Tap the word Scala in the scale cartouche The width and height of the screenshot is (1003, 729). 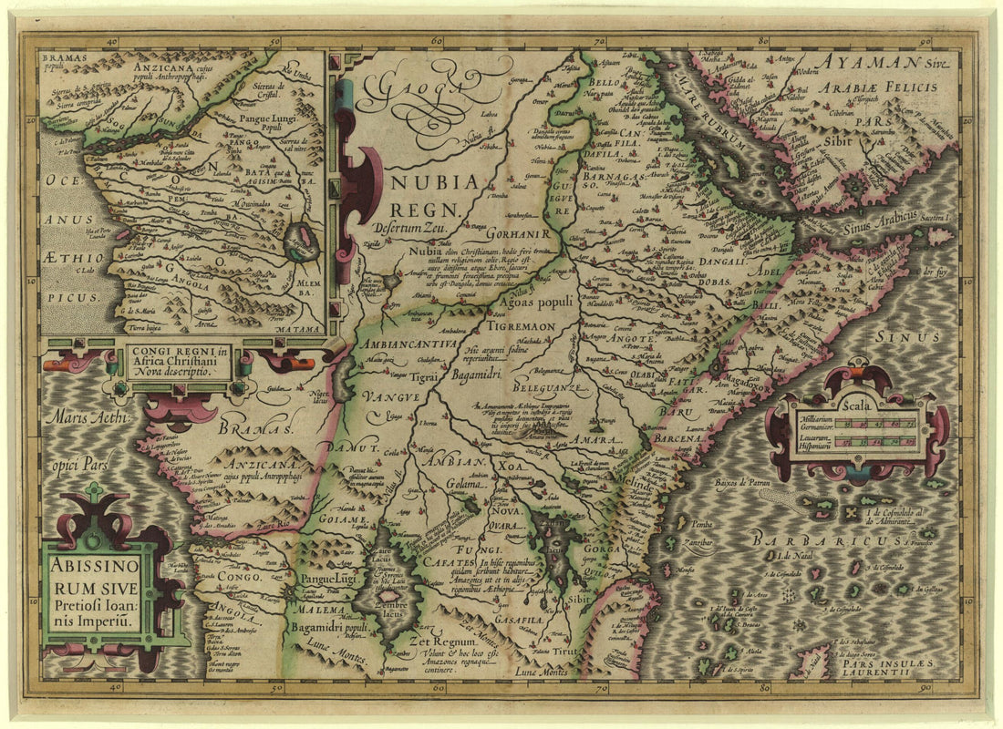coord(858,405)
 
